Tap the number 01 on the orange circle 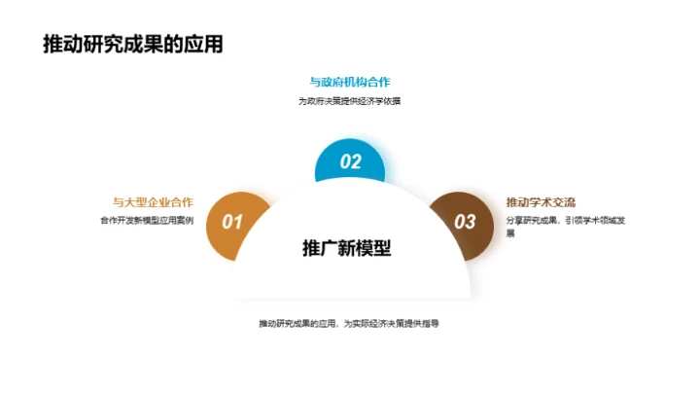pos(232,222)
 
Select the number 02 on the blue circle pos(350,162)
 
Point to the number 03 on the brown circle pos(466,222)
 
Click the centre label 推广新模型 pos(347,248)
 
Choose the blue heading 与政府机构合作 pos(350,82)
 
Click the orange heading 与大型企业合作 pos(153,202)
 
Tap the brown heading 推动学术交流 pos(541,202)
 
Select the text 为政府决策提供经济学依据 pos(350,100)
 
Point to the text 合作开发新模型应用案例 pos(147,221)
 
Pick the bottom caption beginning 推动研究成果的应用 pos(349,323)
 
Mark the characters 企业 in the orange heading pos(159,202)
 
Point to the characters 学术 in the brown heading pos(542,202)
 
